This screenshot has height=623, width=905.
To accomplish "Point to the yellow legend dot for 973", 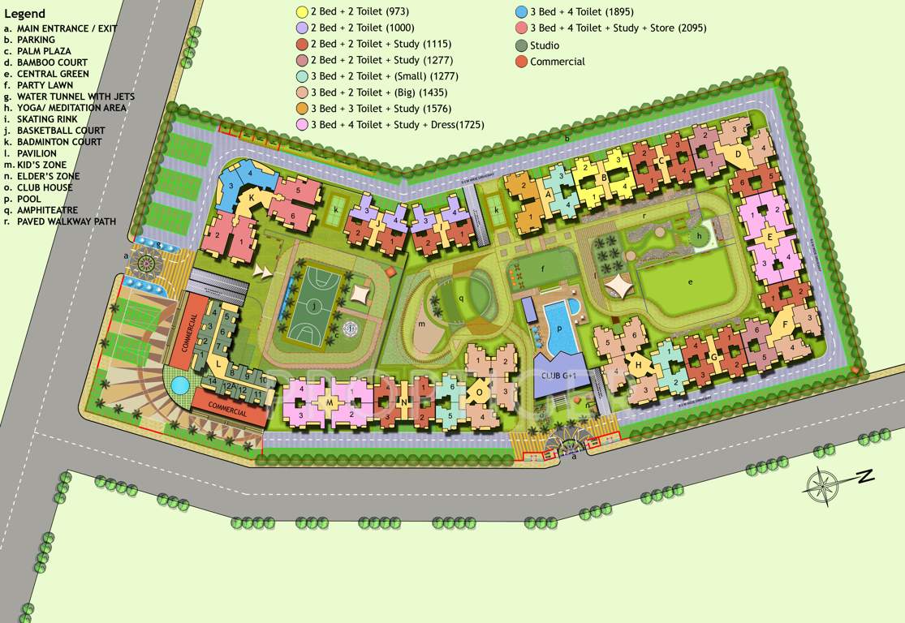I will click(302, 12).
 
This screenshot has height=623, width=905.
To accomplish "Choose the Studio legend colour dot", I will click(521, 45).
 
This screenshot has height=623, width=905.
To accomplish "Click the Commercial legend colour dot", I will click(521, 62).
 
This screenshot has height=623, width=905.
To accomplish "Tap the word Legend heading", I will click(24, 14).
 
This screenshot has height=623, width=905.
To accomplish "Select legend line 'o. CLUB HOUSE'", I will click(38, 187).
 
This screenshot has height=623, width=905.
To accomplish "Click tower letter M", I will click(330, 402).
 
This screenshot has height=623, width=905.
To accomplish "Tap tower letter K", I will click(252, 197).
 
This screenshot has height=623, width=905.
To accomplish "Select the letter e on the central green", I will click(691, 281).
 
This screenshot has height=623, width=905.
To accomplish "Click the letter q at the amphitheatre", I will click(461, 298).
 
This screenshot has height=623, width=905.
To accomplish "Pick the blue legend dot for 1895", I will click(521, 12).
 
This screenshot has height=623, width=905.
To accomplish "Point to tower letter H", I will click(639, 364).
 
